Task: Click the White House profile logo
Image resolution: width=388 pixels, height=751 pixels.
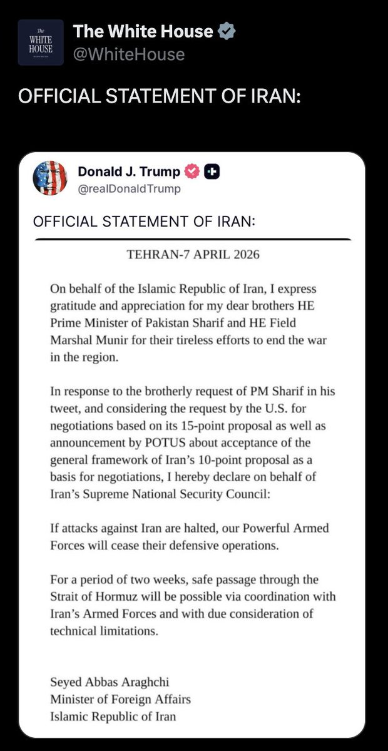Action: pyautogui.click(x=41, y=43)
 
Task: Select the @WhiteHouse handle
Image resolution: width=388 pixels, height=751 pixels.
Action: pyautogui.click(x=129, y=54)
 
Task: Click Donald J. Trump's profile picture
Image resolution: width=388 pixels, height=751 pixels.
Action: pyautogui.click(x=49, y=178)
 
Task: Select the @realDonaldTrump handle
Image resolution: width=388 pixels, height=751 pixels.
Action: pyautogui.click(x=129, y=188)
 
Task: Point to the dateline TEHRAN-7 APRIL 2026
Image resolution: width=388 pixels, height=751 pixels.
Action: pyautogui.click(x=193, y=255)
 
